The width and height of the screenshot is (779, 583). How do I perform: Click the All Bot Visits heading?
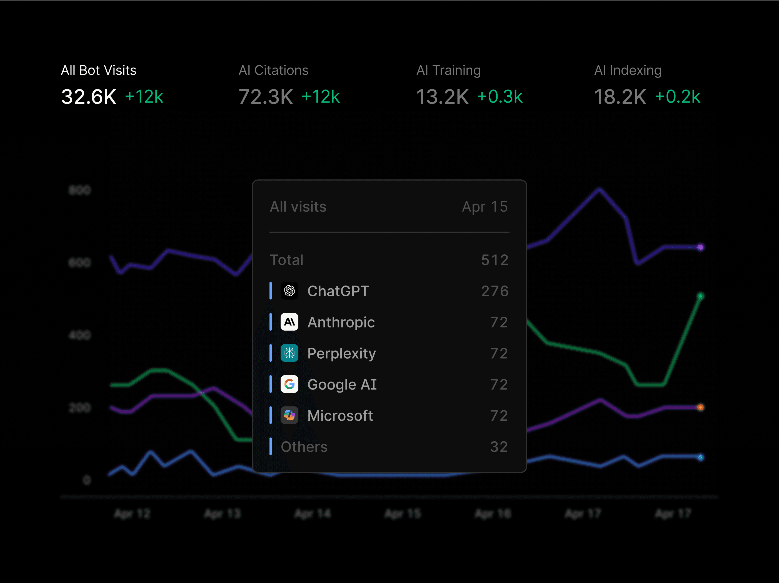pos(99,71)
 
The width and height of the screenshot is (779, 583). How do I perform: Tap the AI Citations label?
pos(273,71)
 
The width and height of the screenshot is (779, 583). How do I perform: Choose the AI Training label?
pos(448,71)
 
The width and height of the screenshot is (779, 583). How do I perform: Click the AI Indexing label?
pos(628,71)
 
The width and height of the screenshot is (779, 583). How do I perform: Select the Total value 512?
pos(495,260)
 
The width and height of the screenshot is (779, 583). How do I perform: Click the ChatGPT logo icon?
pos(289,291)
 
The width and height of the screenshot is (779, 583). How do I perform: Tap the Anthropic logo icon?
pos(289,322)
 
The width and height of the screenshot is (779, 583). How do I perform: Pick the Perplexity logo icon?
pos(289,353)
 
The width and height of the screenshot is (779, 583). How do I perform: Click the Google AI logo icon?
pos(289,384)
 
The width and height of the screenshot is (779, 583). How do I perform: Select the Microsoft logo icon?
pos(289,416)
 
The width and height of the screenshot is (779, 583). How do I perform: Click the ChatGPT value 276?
pos(495,291)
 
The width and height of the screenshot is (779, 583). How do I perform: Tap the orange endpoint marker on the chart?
pos(700,408)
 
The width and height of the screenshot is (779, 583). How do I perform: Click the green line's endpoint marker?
pos(700,296)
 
